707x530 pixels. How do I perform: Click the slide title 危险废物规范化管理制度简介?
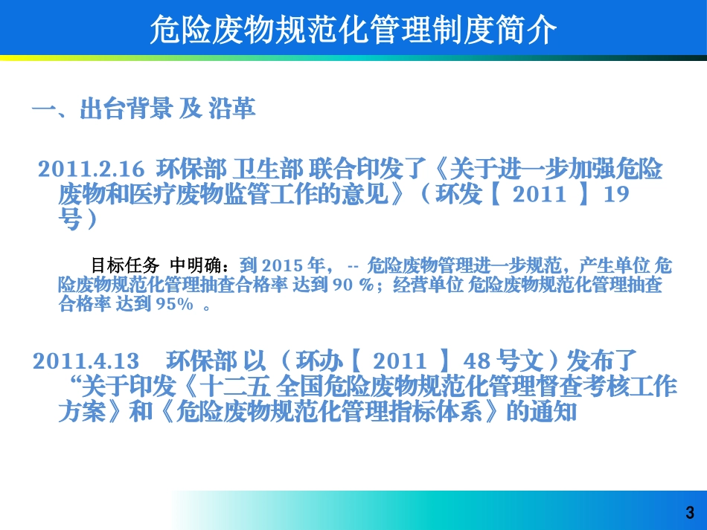click(353, 31)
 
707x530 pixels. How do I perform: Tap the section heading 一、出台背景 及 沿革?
click(144, 110)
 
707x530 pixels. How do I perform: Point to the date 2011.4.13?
click(86, 361)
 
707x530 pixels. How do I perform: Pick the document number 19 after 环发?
click(617, 195)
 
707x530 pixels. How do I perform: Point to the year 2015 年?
click(292, 265)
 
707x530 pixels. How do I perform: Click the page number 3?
click(689, 512)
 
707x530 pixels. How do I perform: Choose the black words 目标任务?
click(124, 265)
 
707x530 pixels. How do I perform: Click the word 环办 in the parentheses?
click(320, 361)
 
